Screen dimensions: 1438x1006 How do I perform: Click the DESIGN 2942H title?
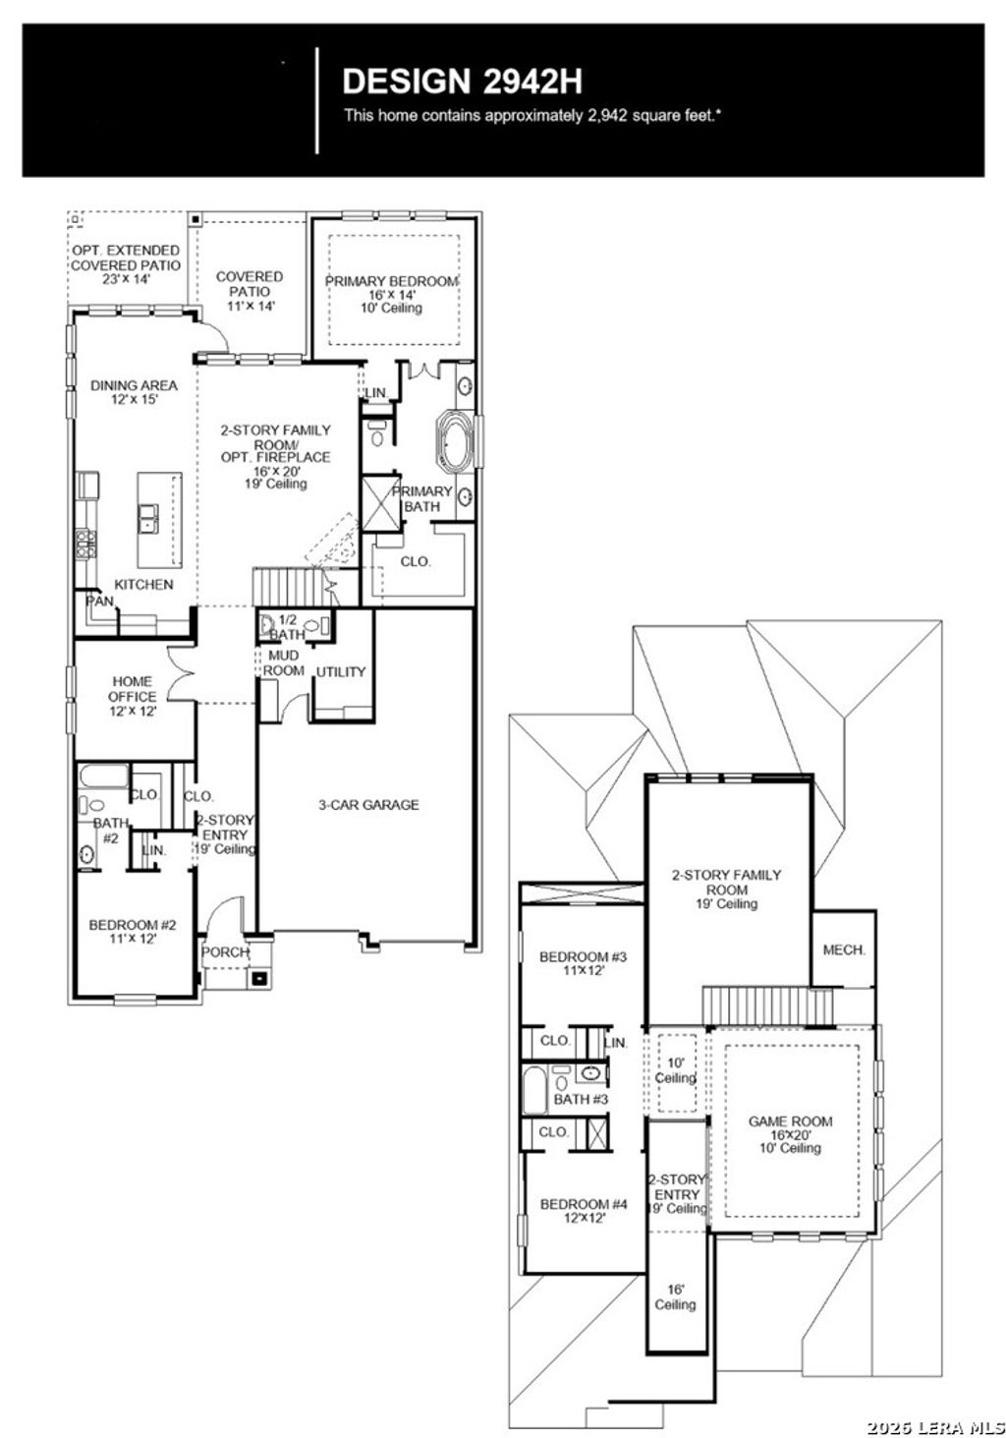click(x=462, y=80)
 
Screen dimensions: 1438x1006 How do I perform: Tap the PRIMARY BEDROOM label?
click(x=392, y=282)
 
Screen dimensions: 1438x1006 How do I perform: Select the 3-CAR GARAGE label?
click(x=367, y=805)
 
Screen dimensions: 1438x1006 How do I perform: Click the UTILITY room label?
click(x=340, y=672)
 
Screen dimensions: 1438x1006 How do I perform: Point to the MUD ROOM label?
click(x=284, y=662)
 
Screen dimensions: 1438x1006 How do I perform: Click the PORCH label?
click(x=225, y=952)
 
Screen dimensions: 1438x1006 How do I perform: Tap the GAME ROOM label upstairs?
click(x=790, y=1122)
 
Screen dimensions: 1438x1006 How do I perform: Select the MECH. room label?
click(x=843, y=950)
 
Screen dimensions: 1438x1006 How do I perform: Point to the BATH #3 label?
click(x=581, y=1099)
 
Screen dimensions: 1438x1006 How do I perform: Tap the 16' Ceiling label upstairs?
click(x=675, y=1297)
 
